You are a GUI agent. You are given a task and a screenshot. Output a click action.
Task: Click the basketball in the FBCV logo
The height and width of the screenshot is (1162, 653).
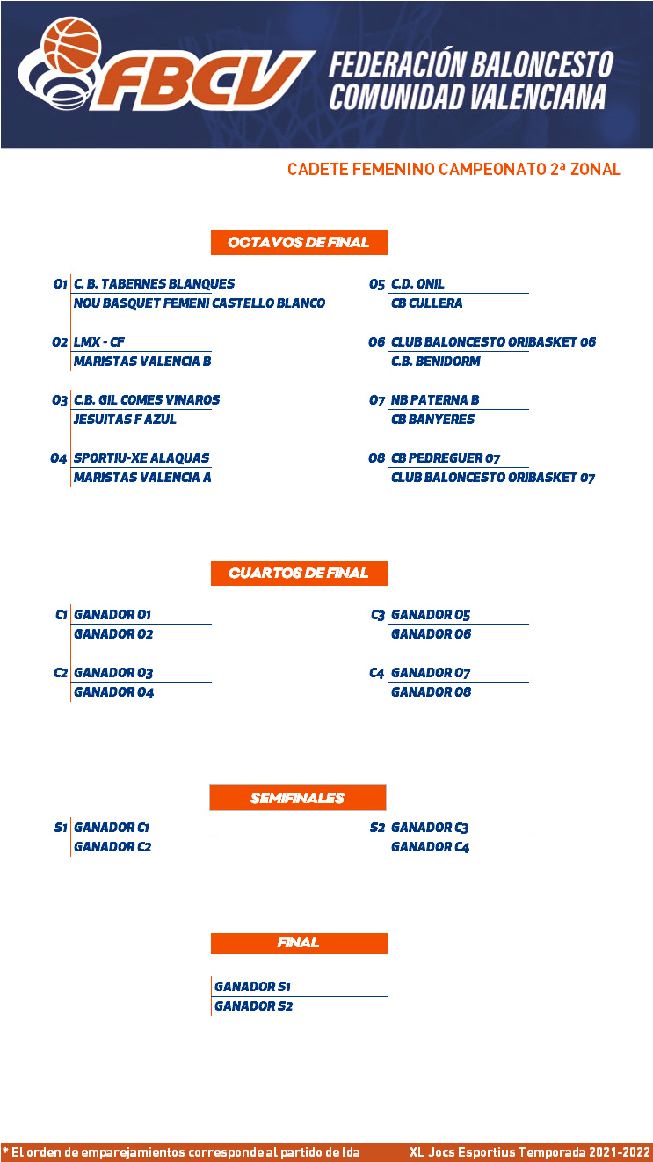point(71,45)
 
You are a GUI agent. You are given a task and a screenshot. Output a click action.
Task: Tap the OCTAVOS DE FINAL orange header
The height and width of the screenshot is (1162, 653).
point(300,242)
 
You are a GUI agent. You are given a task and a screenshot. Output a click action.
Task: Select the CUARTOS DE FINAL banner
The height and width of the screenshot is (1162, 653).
point(300,574)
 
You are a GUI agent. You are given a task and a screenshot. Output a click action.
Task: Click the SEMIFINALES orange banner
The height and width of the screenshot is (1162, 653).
point(298,797)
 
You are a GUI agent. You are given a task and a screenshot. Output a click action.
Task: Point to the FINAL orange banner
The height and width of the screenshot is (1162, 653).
point(300,943)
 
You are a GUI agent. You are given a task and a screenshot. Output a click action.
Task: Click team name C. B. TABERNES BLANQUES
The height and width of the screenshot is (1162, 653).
point(154,284)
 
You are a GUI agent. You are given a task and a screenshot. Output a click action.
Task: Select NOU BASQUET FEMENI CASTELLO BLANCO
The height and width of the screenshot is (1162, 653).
point(200,303)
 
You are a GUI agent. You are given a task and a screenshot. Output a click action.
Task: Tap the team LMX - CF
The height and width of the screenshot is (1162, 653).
point(99,342)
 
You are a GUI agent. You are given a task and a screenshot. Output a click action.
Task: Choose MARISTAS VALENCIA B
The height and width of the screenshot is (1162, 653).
point(142,361)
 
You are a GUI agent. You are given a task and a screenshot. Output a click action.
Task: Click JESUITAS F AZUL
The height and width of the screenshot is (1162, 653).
point(125,420)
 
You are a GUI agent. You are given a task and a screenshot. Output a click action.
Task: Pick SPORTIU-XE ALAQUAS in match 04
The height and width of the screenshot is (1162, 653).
point(141,458)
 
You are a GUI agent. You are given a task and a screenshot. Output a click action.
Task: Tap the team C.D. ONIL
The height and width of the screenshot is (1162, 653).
point(417,284)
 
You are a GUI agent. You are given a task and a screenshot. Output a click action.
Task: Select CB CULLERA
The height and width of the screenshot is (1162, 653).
point(426,303)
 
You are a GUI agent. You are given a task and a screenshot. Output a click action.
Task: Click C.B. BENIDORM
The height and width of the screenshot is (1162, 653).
point(436,361)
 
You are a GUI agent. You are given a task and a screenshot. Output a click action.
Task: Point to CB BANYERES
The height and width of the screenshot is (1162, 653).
point(432,420)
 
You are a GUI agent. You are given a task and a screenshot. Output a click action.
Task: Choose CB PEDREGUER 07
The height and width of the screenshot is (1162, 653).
point(446,458)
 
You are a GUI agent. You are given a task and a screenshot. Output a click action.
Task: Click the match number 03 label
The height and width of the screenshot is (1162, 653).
point(60,400)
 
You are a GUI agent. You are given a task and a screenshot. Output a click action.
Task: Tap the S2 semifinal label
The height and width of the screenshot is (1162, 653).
point(377,828)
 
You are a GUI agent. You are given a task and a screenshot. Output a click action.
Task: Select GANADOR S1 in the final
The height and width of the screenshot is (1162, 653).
point(252,987)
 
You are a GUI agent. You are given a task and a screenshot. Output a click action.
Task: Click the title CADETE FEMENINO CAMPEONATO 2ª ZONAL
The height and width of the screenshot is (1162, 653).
point(454,169)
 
